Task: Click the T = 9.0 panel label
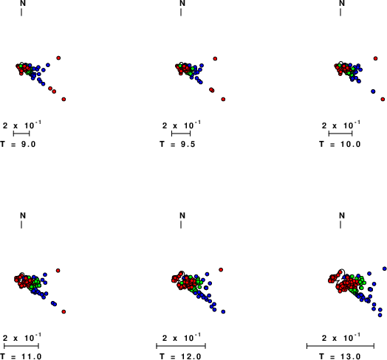(18, 144)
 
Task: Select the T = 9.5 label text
(177, 144)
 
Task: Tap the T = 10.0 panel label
(340, 144)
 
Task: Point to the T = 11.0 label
(21, 356)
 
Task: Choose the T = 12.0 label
(180, 356)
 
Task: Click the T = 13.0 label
(340, 356)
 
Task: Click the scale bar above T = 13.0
(340, 346)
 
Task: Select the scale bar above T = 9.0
(21, 134)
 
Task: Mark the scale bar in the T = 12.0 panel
(181, 346)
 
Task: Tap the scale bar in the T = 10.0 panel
(340, 134)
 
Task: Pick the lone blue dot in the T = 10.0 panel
(373, 91)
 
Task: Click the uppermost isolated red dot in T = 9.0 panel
(58, 58)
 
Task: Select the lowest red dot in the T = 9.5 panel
(223, 99)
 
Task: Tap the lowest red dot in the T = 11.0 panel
(64, 311)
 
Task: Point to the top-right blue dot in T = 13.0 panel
(385, 269)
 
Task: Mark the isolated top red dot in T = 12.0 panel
(221, 270)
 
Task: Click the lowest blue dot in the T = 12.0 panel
(223, 311)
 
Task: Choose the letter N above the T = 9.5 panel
(182, 3)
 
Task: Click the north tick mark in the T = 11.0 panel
(21, 224)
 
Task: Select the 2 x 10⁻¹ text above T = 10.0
(341, 125)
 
